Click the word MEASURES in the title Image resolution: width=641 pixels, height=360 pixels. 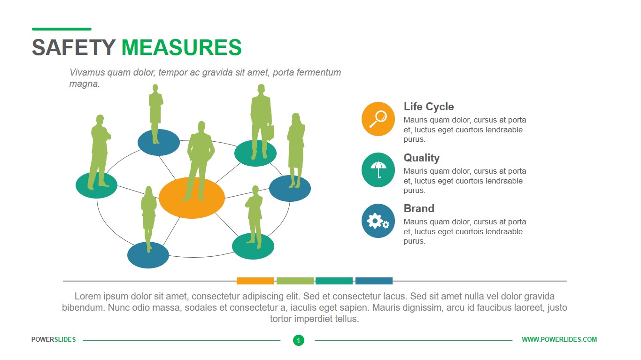[x=181, y=47]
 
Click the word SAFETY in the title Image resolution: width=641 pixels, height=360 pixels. [x=74, y=47]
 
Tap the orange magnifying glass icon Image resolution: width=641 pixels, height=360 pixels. [x=378, y=119]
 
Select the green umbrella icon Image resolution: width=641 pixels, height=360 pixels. [x=378, y=170]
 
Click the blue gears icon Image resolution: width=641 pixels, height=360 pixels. [x=378, y=221]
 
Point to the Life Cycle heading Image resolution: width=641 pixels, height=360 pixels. [x=429, y=107]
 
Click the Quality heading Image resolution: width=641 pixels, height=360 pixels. [x=422, y=158]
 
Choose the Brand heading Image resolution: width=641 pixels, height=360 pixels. [x=419, y=208]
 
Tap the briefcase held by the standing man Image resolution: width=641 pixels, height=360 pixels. [x=270, y=132]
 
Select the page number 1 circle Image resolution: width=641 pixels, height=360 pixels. [x=299, y=340]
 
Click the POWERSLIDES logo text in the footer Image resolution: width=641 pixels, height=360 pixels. [x=54, y=339]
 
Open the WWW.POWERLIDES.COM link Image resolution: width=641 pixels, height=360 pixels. [x=559, y=339]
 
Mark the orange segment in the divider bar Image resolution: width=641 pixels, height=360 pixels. [x=255, y=281]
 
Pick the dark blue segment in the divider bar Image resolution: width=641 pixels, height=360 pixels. [x=374, y=281]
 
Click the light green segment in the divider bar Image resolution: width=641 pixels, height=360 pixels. [x=295, y=281]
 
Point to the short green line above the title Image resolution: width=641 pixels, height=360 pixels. [x=62, y=29]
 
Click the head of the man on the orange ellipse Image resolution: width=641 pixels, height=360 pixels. [x=202, y=126]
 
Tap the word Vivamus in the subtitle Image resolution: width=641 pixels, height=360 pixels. [x=87, y=72]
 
